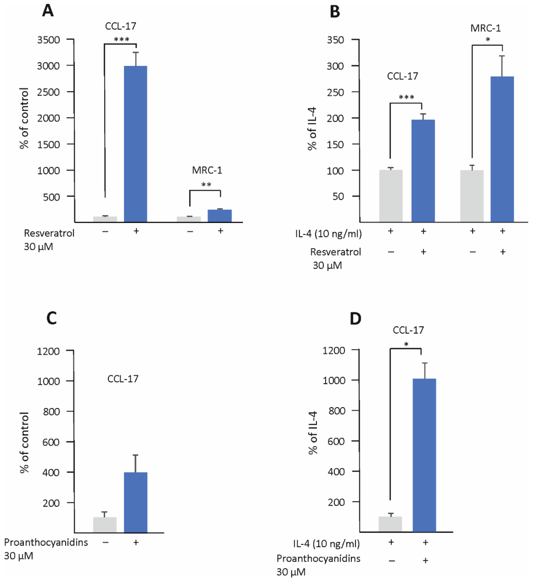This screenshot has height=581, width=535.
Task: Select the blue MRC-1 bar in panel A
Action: pyautogui.click(x=220, y=216)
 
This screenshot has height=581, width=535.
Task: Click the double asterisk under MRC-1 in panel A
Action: pyautogui.click(x=206, y=184)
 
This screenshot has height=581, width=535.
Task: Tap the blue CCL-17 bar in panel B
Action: pyautogui.click(x=423, y=171)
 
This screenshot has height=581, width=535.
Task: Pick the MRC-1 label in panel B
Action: pyautogui.click(x=486, y=28)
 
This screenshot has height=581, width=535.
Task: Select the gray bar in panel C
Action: pyautogui.click(x=105, y=525)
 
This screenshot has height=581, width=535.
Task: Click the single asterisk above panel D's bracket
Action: pyautogui.click(x=406, y=344)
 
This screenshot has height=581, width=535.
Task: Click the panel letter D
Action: pyautogui.click(x=355, y=319)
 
